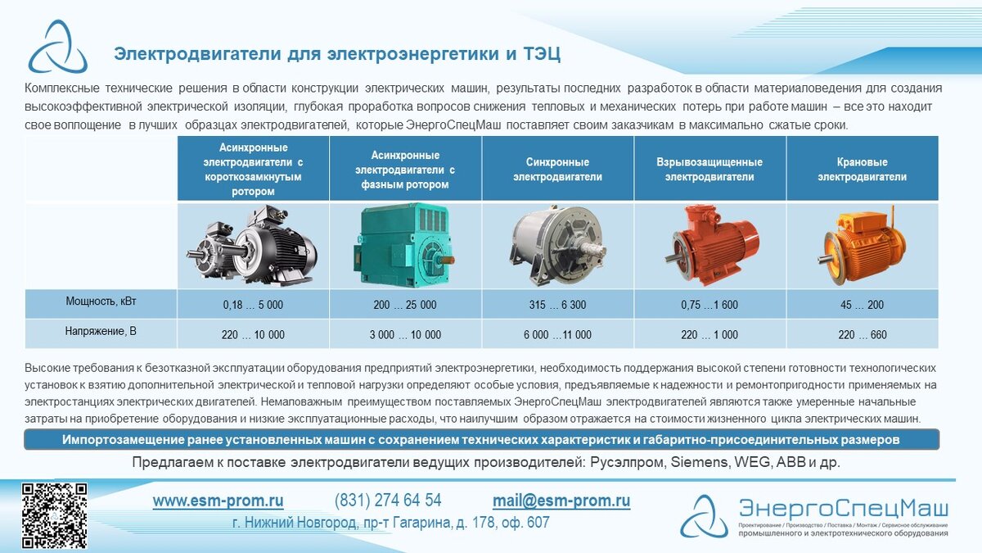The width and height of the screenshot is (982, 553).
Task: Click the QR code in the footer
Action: click(x=54, y=515)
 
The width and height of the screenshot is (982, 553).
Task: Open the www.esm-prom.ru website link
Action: click(x=218, y=501)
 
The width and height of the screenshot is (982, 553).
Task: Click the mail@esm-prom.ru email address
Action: click(x=561, y=501)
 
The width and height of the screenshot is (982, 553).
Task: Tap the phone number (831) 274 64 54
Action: click(x=388, y=501)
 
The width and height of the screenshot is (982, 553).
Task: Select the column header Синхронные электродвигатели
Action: click(x=557, y=170)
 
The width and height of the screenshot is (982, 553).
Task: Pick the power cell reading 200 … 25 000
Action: click(x=405, y=305)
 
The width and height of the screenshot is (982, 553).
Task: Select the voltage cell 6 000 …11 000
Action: click(x=557, y=334)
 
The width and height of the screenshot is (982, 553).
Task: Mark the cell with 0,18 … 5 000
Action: click(x=253, y=305)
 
